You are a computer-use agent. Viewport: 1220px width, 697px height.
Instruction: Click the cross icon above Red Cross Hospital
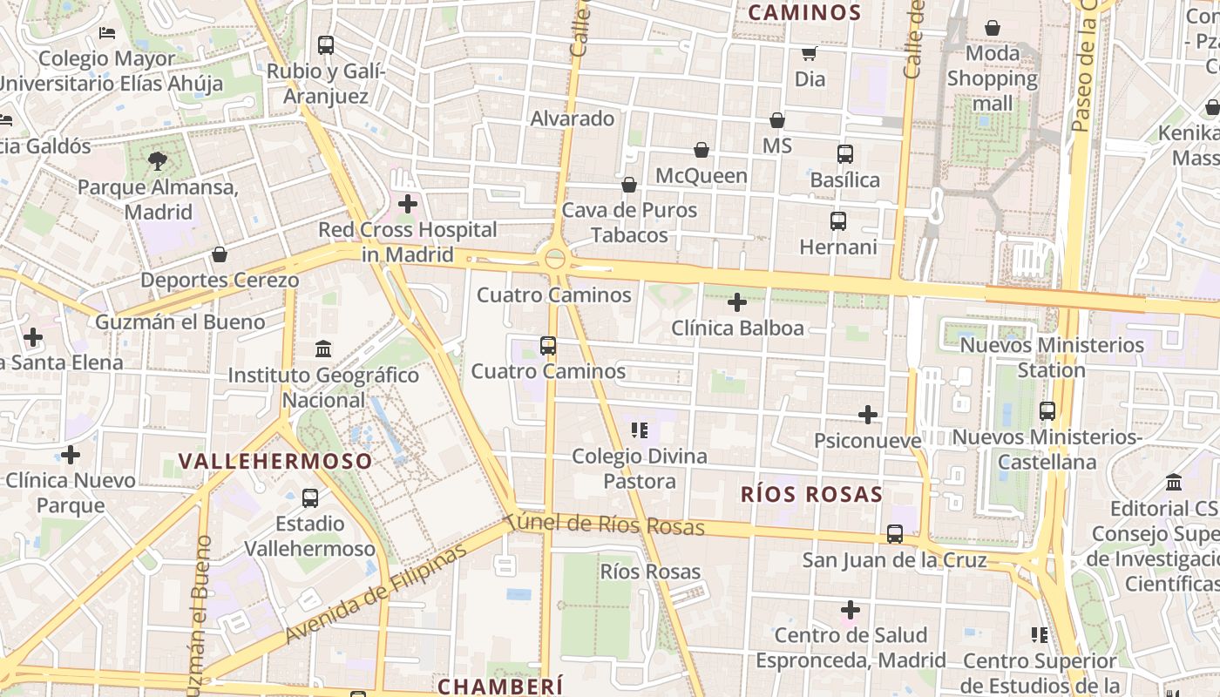[x=407, y=205]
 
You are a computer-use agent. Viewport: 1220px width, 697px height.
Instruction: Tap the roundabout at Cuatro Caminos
[x=554, y=259]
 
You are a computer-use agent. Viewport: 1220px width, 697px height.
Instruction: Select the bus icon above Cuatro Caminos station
[x=548, y=346]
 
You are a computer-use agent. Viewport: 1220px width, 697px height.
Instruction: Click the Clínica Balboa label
[x=737, y=328]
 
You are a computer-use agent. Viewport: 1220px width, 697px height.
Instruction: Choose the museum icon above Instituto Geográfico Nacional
[x=323, y=348]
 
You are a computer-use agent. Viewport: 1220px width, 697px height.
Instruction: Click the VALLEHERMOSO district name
[x=275, y=461]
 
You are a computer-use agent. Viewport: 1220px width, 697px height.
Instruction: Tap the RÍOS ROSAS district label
[x=811, y=495]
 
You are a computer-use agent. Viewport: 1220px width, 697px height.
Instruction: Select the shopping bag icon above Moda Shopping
[x=993, y=29]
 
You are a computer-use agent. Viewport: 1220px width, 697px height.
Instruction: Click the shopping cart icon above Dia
[x=810, y=53]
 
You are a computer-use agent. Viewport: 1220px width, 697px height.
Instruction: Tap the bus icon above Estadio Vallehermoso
[x=309, y=498]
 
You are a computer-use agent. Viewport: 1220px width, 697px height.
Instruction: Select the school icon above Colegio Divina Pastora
[x=640, y=430]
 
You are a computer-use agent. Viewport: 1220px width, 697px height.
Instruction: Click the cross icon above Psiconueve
[x=867, y=415]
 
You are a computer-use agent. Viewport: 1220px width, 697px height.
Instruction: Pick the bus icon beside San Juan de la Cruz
[x=895, y=534]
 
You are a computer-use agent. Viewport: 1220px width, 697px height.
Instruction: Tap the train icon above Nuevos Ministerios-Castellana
[x=1047, y=410]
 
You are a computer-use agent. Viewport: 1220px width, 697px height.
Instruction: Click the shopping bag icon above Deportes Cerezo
[x=220, y=254]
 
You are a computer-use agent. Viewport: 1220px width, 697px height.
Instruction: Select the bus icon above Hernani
[x=838, y=221]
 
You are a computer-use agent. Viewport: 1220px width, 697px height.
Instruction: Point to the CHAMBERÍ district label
[x=500, y=687]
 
